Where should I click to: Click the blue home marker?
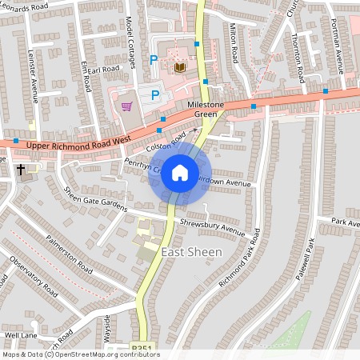pos(180,172)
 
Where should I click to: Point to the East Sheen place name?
pos(192,252)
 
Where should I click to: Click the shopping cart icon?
pos(126,105)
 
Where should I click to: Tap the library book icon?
pos(180,68)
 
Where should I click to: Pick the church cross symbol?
pos(22,170)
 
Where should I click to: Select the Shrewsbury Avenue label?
pos(211,226)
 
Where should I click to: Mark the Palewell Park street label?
pos(307,263)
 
